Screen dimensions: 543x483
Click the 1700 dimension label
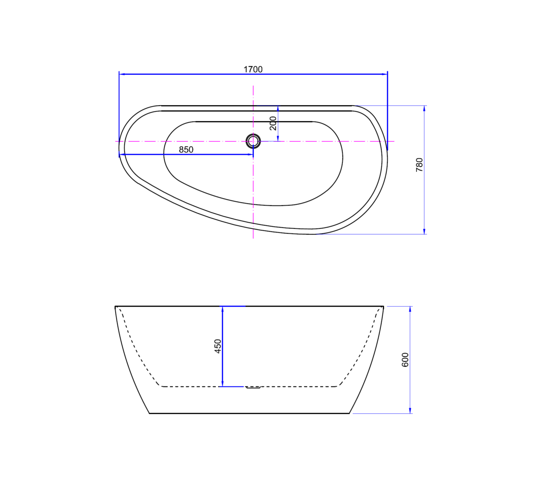pos(253,69)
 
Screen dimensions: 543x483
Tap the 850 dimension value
pos(186,149)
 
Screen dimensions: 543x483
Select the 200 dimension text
pos(273,123)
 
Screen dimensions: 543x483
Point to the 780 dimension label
pos(419,165)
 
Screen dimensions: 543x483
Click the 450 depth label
pos(218,346)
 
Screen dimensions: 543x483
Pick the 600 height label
pos(405,360)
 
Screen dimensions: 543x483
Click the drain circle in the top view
pos(253,141)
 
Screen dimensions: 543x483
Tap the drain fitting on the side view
pos(253,387)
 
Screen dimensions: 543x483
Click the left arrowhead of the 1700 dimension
pos(122,74)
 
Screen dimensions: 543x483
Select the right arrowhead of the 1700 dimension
pos(385,74)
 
